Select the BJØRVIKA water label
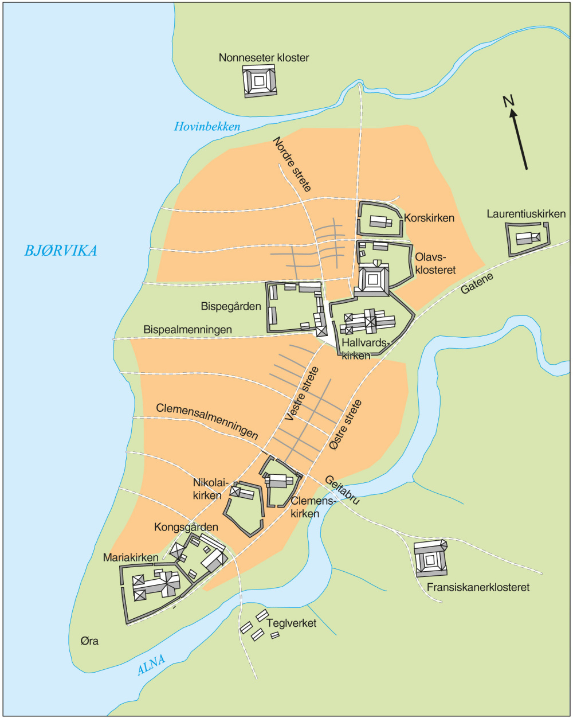[60, 251]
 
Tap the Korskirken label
[429, 218]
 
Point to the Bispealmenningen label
[188, 330]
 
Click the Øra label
[89, 641]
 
